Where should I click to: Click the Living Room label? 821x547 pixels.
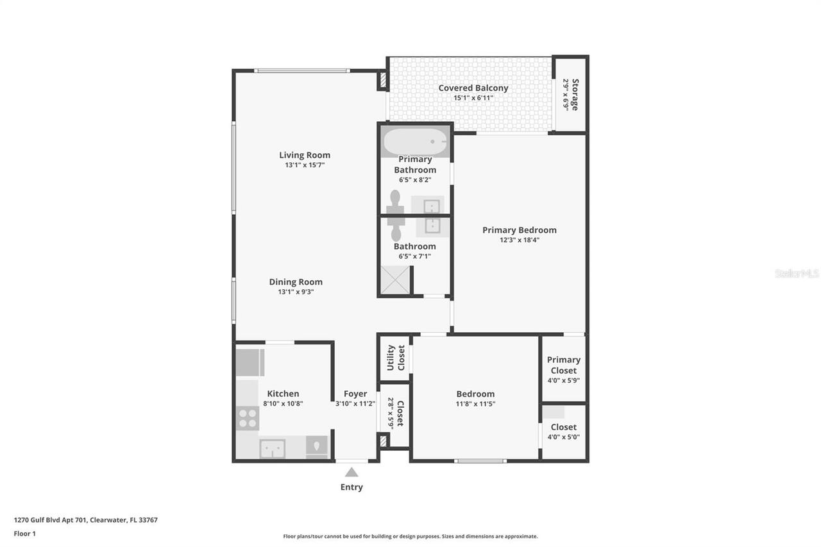(305, 155)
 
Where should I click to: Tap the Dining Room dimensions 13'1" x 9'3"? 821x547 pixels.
(296, 292)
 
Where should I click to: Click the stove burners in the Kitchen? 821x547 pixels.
(248, 418)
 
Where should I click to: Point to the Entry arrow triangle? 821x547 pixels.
(351, 473)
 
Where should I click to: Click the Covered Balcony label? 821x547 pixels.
(473, 88)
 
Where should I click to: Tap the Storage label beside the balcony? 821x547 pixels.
(575, 94)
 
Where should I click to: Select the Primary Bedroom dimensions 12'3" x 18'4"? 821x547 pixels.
(520, 240)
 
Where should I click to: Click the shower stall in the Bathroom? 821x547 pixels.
(395, 280)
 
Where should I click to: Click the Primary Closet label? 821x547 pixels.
(564, 365)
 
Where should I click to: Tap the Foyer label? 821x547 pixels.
(355, 394)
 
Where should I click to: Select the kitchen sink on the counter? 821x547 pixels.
(273, 448)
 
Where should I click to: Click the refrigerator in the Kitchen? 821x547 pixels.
(250, 362)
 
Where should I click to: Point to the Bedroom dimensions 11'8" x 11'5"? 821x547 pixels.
(475, 404)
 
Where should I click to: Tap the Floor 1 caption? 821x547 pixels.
(24, 534)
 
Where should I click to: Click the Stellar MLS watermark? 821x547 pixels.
(797, 273)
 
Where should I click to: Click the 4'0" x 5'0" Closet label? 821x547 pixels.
(563, 427)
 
